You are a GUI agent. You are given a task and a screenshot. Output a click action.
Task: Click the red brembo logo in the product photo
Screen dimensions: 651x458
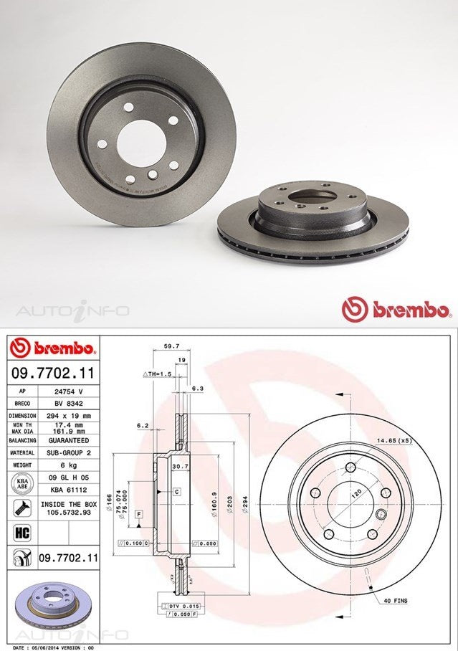(x=396, y=310)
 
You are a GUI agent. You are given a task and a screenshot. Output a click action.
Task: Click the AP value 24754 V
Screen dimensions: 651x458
(x=70, y=391)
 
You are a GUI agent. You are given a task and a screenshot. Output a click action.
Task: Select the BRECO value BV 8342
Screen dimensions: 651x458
(x=70, y=404)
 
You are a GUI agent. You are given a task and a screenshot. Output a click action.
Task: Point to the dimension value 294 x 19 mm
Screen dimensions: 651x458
(x=70, y=416)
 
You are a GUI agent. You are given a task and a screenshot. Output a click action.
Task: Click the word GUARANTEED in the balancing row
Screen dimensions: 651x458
(x=70, y=440)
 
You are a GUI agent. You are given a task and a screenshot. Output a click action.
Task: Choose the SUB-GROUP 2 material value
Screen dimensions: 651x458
(x=70, y=453)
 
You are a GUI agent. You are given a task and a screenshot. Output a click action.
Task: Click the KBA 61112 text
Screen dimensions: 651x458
(x=70, y=488)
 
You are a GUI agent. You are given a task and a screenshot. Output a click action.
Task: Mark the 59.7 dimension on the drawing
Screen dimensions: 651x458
(x=171, y=346)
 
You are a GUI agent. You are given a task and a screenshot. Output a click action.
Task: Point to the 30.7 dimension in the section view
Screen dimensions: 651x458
(x=177, y=467)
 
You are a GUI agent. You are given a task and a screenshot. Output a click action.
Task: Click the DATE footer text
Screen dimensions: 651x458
(x=48, y=647)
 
